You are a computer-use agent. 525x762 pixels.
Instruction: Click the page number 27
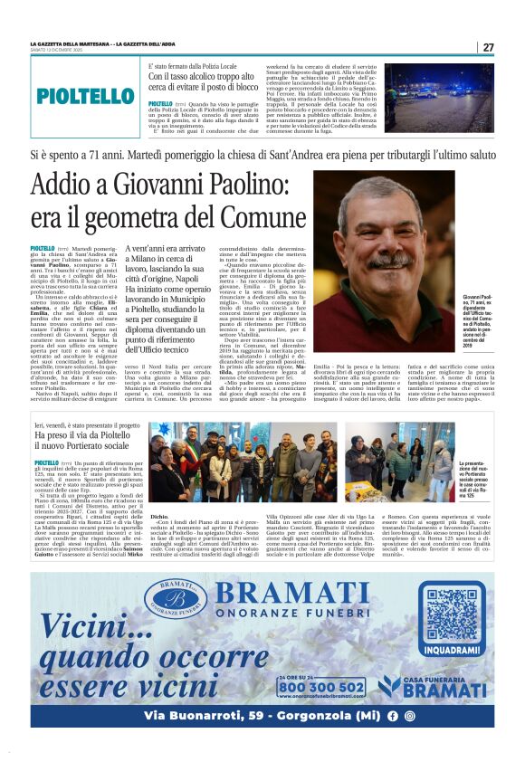pyautogui.click(x=488, y=47)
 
